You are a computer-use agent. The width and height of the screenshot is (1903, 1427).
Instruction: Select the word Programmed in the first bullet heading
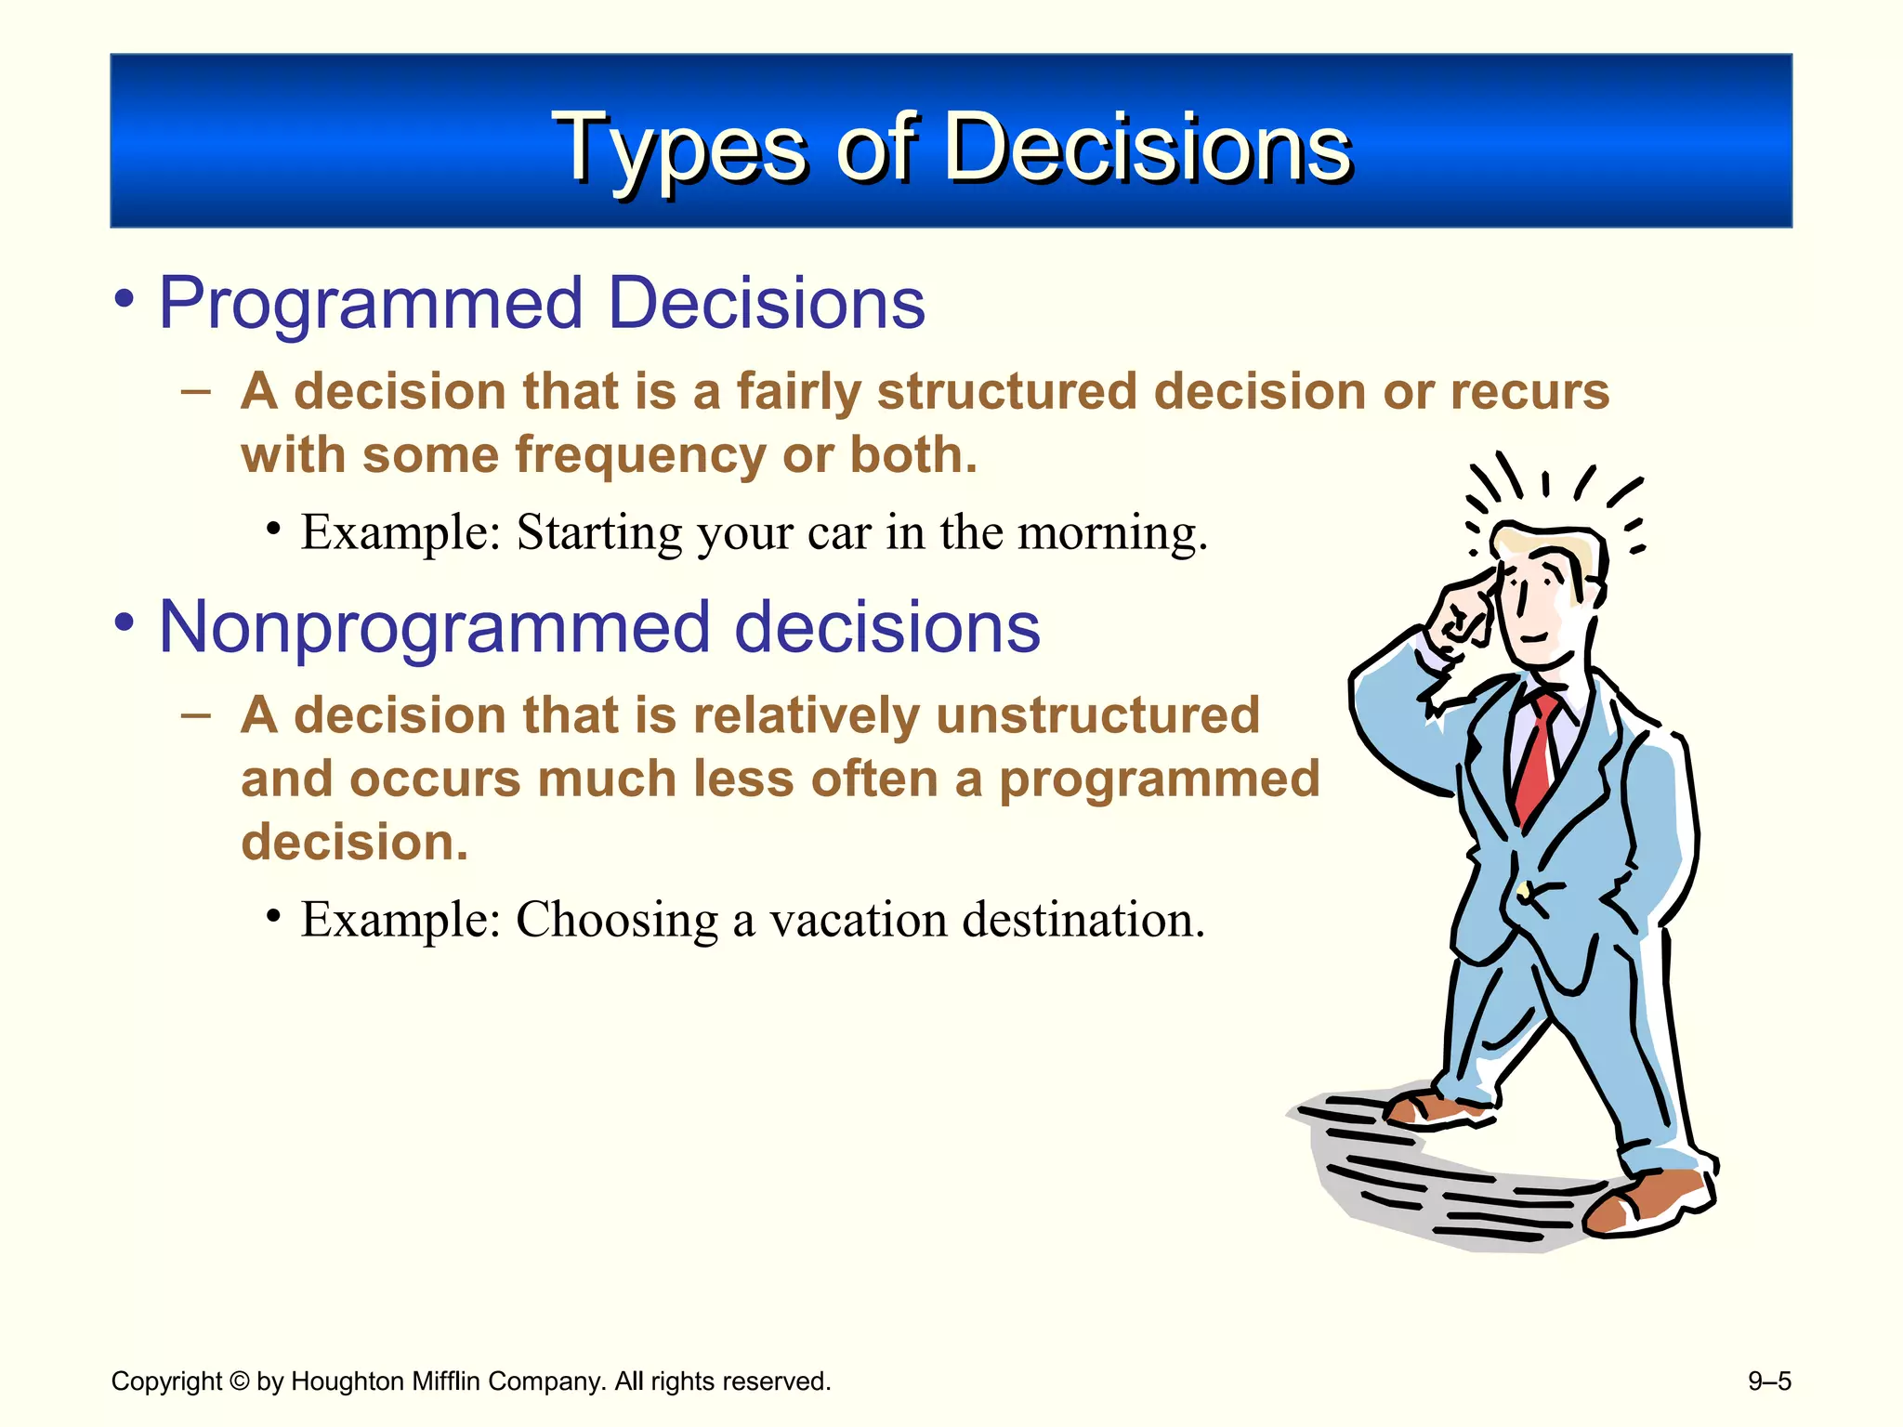click(370, 305)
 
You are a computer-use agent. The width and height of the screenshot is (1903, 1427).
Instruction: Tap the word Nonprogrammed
click(433, 629)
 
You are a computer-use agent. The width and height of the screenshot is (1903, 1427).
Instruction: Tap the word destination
click(1083, 920)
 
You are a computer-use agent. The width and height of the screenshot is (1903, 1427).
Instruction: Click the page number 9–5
click(1768, 1381)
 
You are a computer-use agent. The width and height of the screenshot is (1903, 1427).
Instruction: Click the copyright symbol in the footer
click(239, 1381)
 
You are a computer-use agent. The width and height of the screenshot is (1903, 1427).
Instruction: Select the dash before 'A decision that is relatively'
click(196, 715)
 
